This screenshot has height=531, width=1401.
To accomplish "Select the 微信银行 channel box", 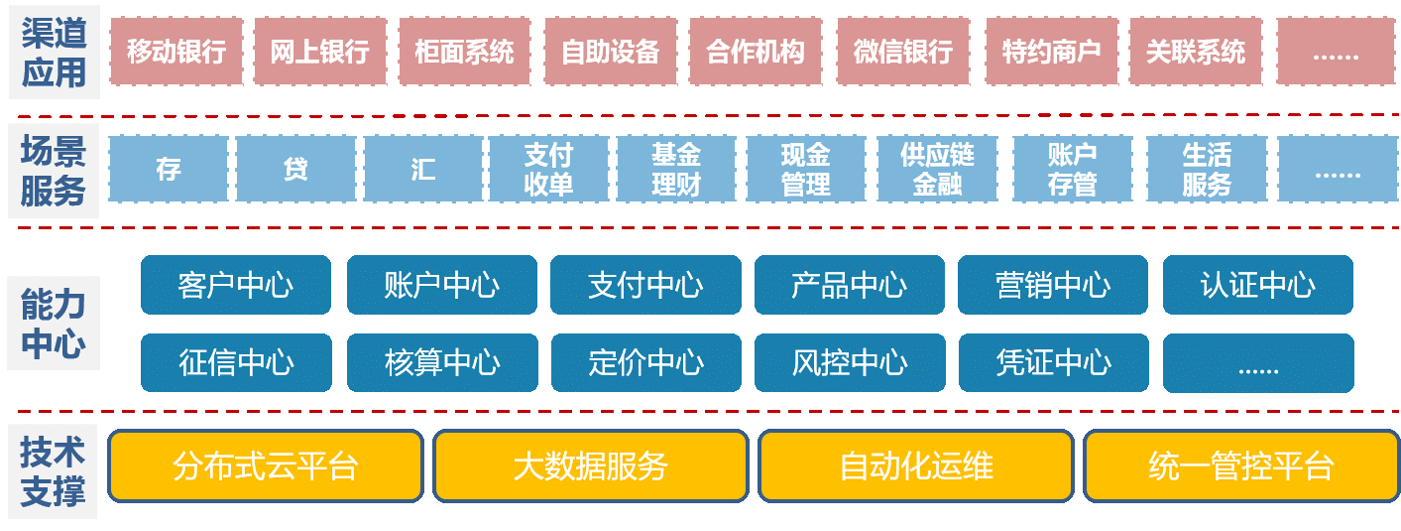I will click(x=902, y=51).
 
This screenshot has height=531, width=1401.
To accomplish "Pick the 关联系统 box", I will click(x=1195, y=51).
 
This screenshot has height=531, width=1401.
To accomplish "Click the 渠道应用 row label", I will click(x=55, y=52).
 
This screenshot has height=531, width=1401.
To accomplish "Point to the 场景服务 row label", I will click(x=54, y=170).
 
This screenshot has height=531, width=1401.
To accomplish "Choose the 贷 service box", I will click(x=295, y=170).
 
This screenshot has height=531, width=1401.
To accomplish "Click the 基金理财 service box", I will click(x=676, y=170).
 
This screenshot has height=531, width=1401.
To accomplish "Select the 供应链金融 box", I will click(x=937, y=170).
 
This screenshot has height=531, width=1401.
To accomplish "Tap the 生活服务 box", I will click(x=1206, y=170).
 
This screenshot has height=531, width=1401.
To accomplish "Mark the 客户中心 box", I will click(x=236, y=285).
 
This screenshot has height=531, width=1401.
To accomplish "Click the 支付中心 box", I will click(x=645, y=285).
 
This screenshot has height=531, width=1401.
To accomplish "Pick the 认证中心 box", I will click(x=1257, y=285).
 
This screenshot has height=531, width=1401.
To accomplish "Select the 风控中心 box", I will click(x=850, y=362).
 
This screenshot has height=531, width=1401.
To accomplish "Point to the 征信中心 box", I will click(x=236, y=362).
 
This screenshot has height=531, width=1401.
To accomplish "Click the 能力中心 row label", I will click(x=54, y=324).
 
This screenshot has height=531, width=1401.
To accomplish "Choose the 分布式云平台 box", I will click(x=265, y=465).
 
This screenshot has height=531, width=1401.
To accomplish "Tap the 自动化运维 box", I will click(x=915, y=465).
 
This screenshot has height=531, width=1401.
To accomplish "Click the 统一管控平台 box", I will click(x=1240, y=465).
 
